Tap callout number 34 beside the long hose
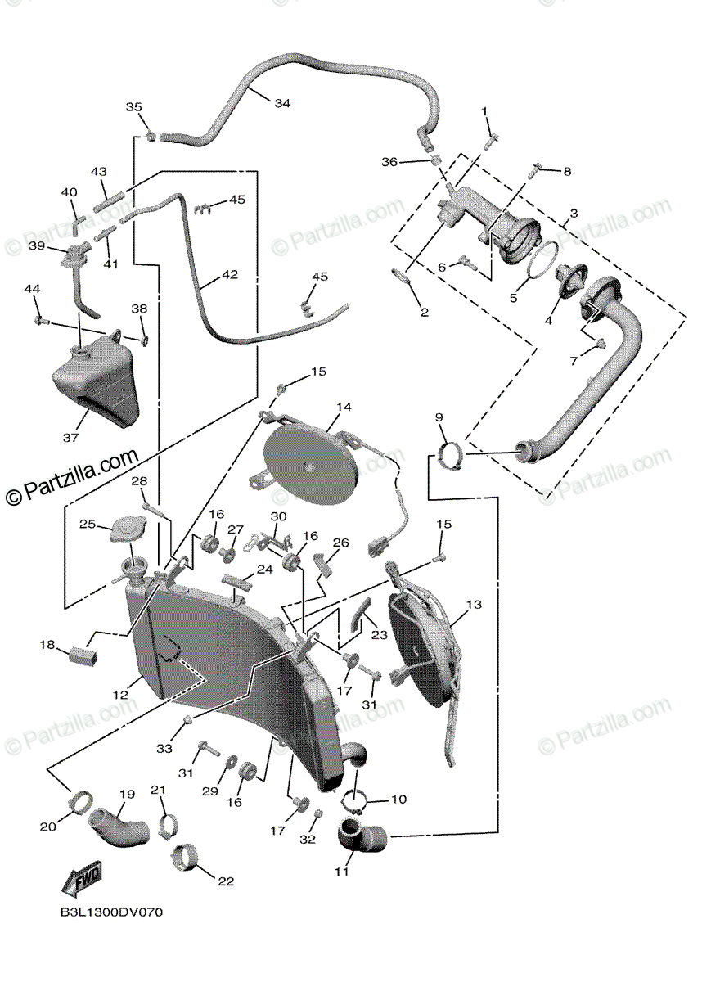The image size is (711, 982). pos(282,104)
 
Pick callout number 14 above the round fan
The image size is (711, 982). pos(344,407)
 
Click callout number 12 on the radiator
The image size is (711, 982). pos(120,694)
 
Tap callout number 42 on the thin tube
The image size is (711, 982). pos(230,275)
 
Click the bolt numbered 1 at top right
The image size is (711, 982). pos(491,141)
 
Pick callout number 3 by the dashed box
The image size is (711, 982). pos(574,213)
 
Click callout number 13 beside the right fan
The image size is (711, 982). pos(475,606)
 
